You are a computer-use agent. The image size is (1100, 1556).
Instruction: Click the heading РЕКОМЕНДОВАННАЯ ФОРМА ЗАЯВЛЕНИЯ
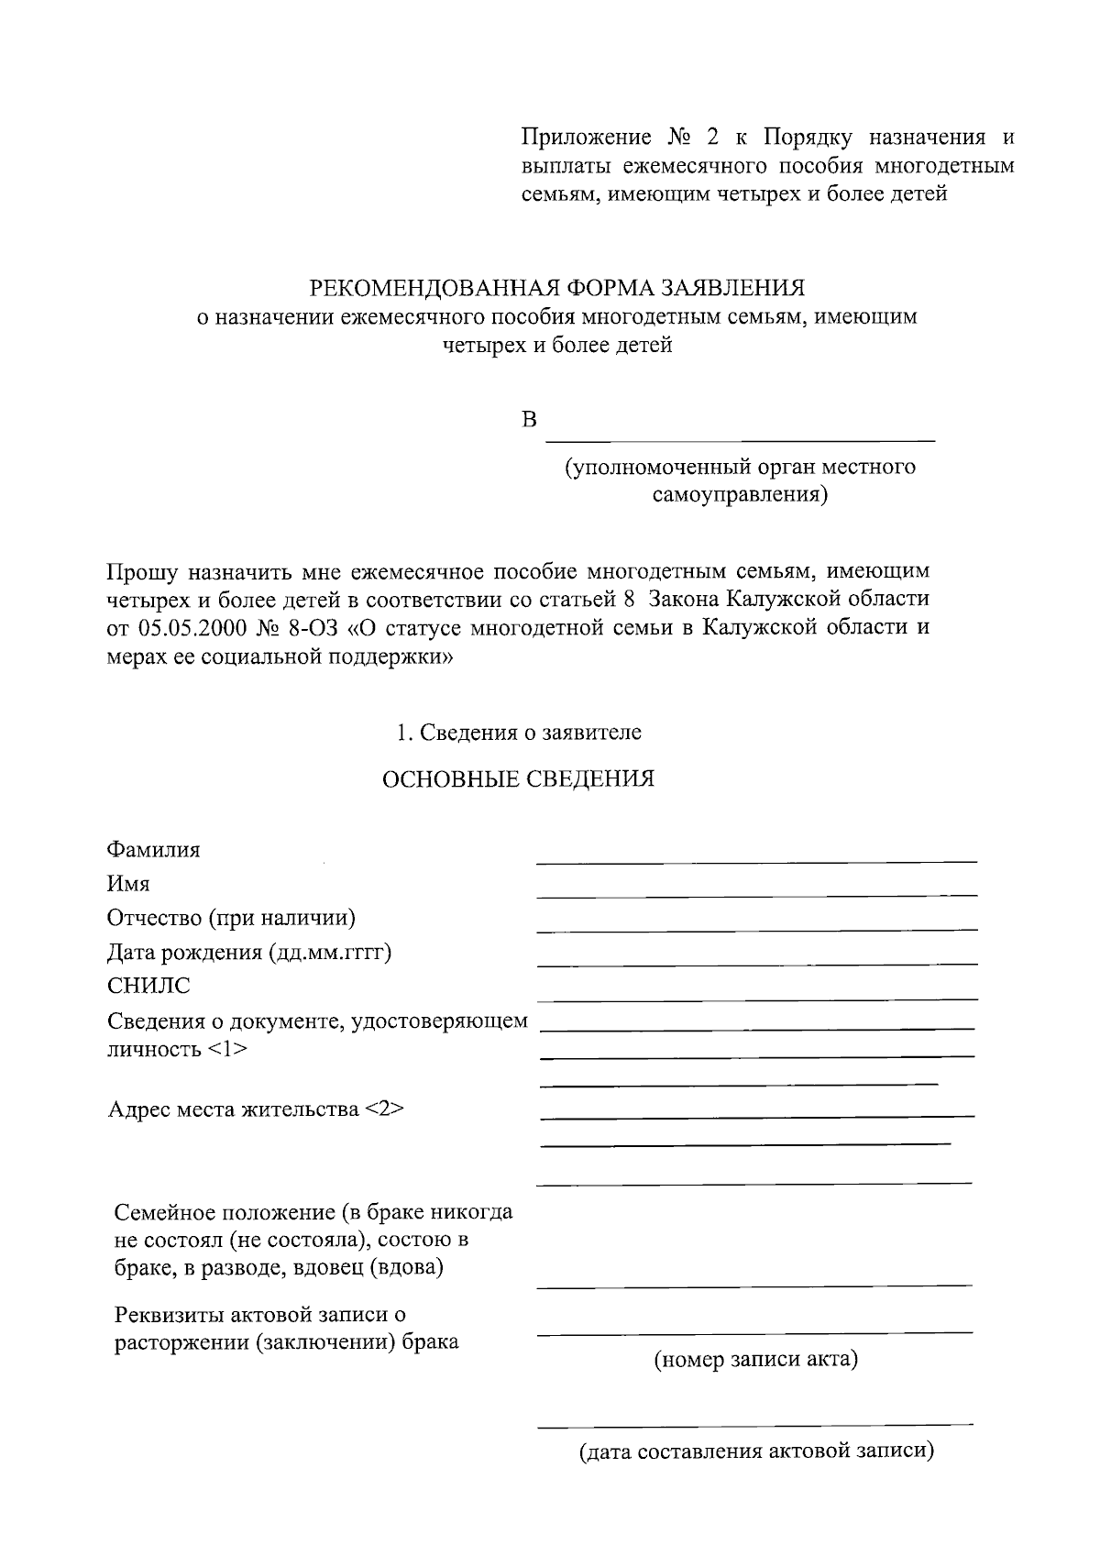click(557, 288)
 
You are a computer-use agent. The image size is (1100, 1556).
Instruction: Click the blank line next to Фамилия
click(756, 860)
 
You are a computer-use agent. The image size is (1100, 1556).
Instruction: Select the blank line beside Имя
click(756, 894)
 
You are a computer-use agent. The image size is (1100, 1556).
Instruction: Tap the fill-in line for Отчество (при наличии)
click(756, 929)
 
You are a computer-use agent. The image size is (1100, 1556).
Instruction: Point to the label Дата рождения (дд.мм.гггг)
click(249, 952)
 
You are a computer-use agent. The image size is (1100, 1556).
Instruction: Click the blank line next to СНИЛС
click(756, 998)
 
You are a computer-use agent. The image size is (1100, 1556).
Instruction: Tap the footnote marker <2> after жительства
click(384, 1109)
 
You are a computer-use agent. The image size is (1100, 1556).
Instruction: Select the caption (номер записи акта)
click(755, 1358)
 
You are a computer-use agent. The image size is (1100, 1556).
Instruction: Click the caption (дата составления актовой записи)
click(755, 1451)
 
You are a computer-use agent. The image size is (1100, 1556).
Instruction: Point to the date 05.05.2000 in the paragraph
click(189, 628)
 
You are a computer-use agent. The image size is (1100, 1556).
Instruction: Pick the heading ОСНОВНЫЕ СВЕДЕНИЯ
click(518, 779)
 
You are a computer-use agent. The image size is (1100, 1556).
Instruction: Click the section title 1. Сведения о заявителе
click(519, 733)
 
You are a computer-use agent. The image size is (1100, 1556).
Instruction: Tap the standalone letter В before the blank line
click(529, 420)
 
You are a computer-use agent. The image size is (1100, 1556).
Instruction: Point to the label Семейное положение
click(221, 1213)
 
